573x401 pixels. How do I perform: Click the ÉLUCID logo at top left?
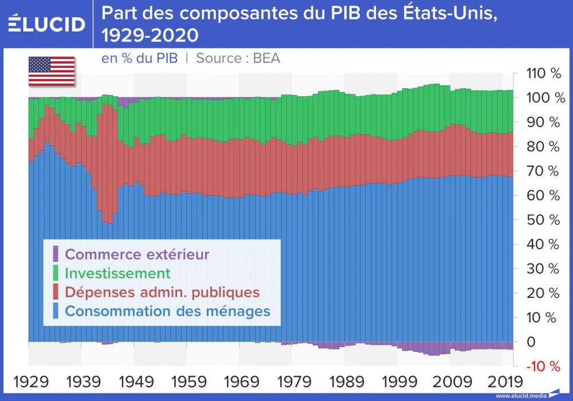pos(47,24)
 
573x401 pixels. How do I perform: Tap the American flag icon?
pos(52,71)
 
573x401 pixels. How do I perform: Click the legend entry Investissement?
pos(118,273)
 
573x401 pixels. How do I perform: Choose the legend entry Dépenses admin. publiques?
pos(162,292)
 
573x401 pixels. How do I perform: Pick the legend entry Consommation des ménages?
pos(167,311)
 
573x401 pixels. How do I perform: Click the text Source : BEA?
pos(238,58)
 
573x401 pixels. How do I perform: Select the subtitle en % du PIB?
pos(139,58)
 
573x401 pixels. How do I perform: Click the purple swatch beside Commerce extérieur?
pos(56,254)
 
